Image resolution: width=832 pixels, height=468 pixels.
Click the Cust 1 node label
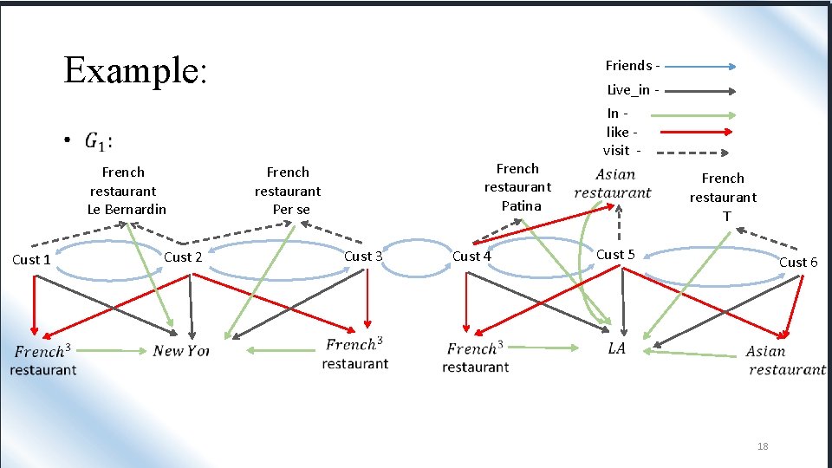click(31, 259)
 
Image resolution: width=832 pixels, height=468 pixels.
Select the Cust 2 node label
click(183, 257)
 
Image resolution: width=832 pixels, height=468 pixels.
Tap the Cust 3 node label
click(363, 256)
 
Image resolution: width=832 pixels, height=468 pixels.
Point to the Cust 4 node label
click(471, 256)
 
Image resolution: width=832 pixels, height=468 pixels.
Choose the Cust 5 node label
click(615, 254)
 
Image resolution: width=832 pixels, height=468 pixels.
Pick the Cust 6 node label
click(797, 262)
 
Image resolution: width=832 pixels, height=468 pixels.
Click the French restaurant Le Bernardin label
click(126, 191)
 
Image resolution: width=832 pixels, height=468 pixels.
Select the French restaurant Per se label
click(288, 191)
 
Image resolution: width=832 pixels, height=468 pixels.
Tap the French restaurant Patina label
click(518, 187)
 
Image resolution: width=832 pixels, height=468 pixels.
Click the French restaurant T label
click(723, 197)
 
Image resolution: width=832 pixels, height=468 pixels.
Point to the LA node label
click(617, 348)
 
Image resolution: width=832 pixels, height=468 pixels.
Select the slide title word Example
click(135, 69)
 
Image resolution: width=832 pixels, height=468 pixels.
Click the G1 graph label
click(99, 140)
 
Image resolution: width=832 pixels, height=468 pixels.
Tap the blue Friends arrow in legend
click(701, 66)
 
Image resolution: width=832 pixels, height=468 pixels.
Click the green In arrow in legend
click(693, 114)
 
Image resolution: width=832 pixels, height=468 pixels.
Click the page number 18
click(763, 446)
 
